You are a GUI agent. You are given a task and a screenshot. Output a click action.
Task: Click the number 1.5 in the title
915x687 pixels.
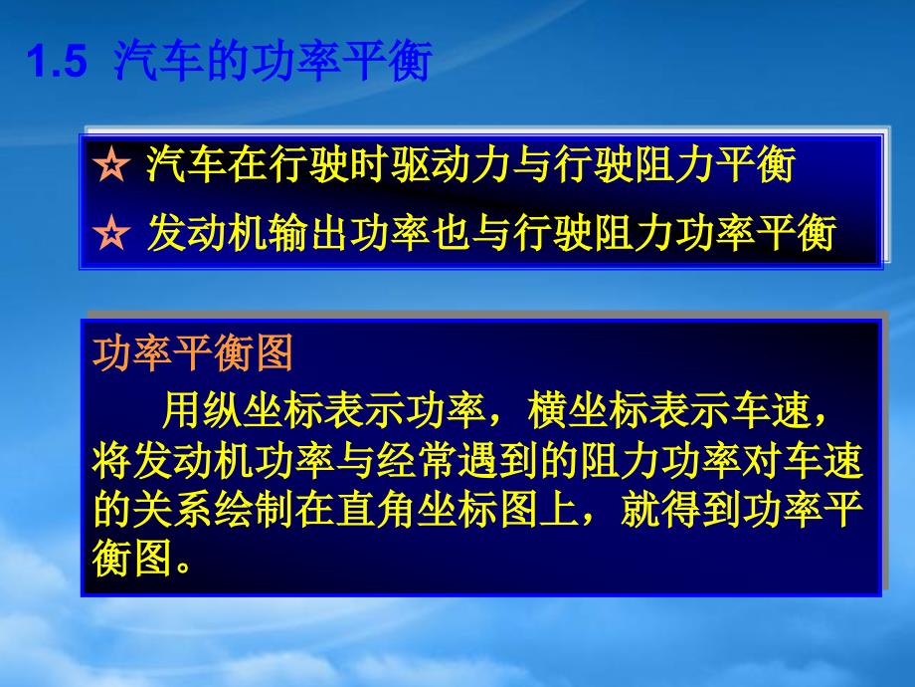click(58, 61)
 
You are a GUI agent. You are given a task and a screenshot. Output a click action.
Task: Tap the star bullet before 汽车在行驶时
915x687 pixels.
click(111, 164)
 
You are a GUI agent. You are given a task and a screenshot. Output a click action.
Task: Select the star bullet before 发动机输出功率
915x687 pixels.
click(111, 233)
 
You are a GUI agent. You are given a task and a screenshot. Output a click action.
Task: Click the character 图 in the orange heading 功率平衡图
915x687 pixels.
click(274, 352)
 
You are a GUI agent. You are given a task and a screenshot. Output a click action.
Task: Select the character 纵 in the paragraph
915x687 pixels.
click(224, 410)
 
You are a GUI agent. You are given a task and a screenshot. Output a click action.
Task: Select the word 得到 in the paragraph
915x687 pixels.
click(699, 510)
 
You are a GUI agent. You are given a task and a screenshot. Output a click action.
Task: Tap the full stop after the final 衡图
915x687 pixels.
click(183, 567)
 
